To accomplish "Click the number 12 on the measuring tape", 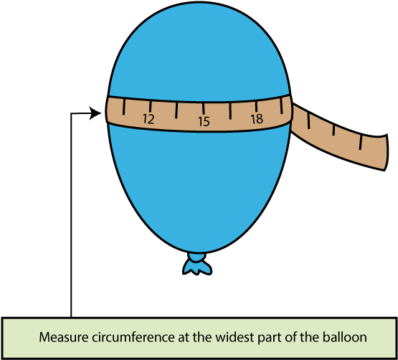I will (148, 119).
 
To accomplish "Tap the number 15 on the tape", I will (204, 122).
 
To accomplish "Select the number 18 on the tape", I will (257, 119).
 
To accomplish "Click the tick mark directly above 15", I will (204, 110).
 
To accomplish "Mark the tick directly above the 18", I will (257, 107).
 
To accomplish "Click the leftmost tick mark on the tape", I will (124, 108).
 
